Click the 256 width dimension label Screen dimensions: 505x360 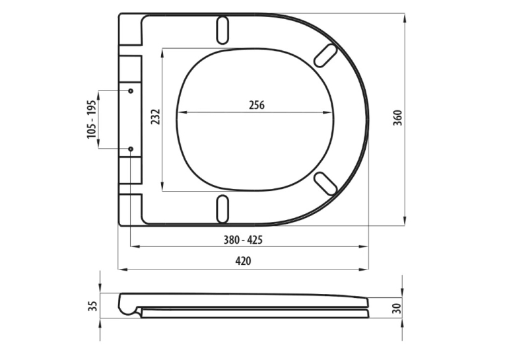(x=257, y=105)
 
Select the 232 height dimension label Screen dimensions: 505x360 (x=156, y=117)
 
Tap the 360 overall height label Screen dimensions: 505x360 (x=398, y=118)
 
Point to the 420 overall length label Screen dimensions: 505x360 (x=243, y=261)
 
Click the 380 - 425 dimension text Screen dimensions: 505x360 (x=243, y=240)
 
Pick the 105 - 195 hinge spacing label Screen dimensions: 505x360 (x=92, y=120)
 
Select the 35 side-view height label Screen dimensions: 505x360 (x=92, y=306)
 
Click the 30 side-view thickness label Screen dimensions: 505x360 (x=398, y=308)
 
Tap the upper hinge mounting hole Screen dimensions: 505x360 (x=131, y=91)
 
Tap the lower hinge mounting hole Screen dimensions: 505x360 (x=131, y=149)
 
